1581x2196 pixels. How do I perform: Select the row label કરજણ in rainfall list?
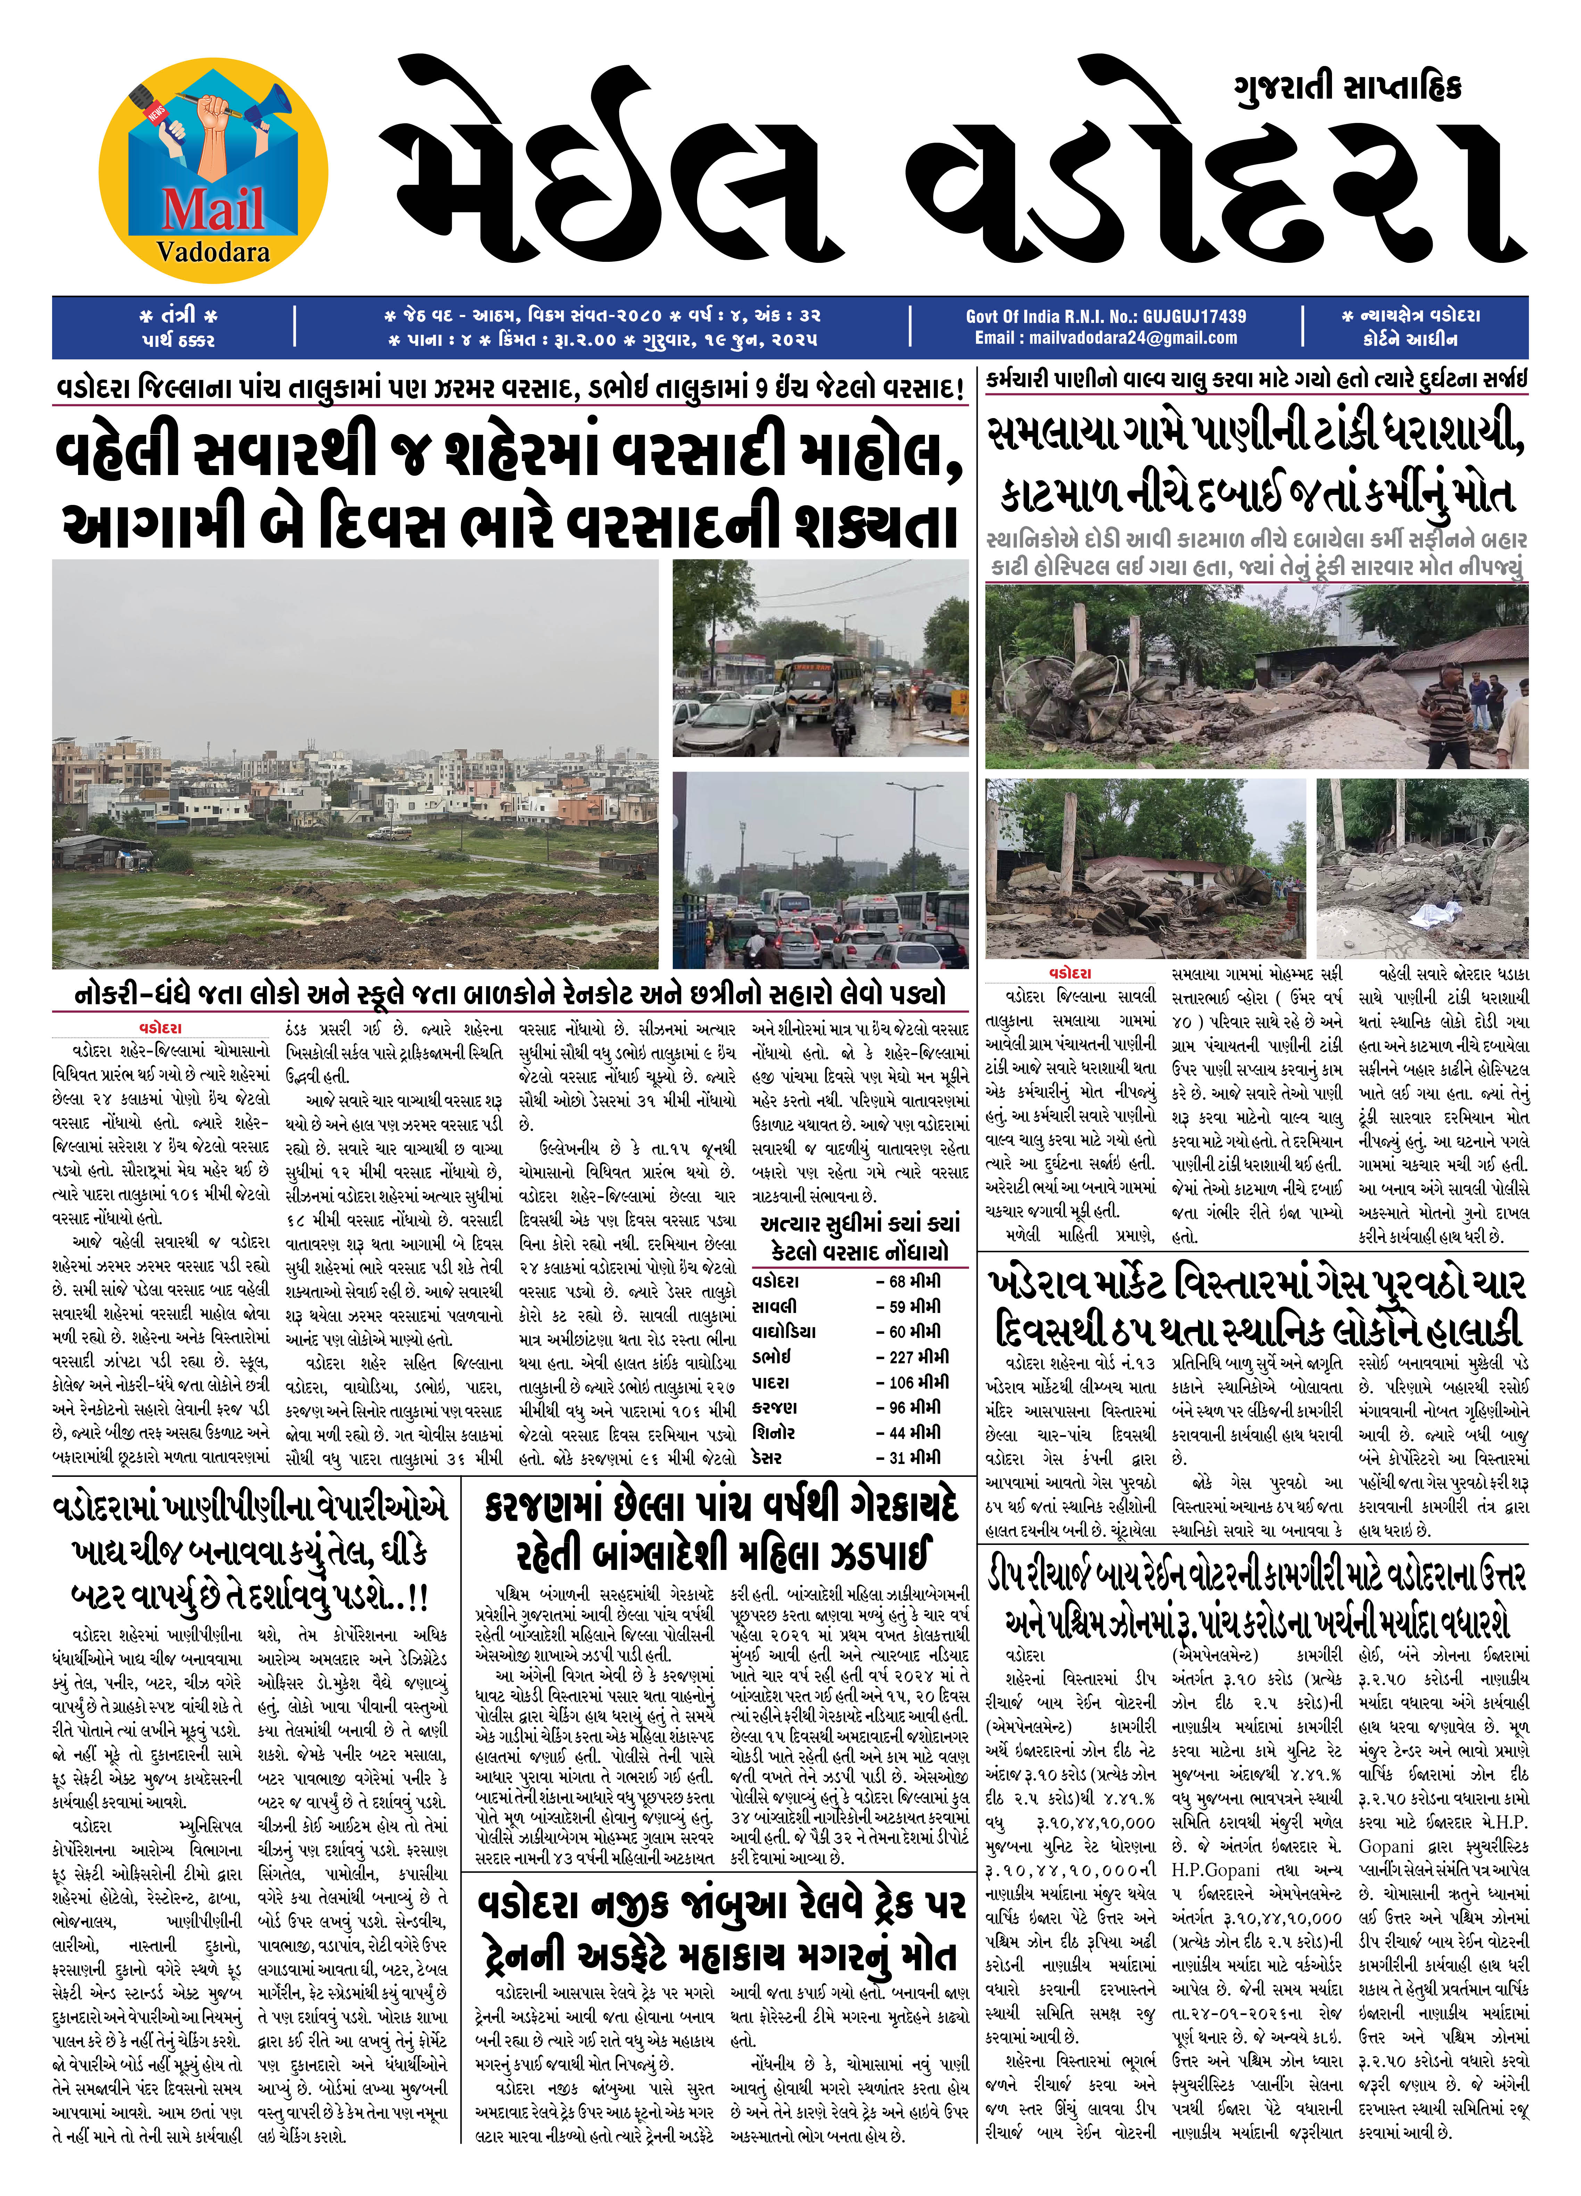click(x=775, y=1407)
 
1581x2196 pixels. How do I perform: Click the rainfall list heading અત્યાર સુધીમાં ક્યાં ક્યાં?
click(x=860, y=1224)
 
